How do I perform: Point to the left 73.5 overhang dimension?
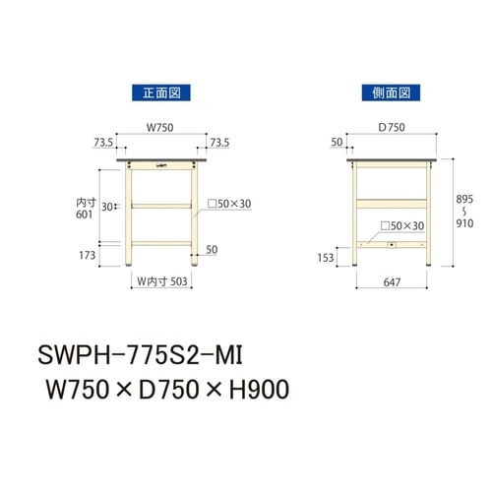103,143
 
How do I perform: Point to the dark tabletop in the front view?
160,159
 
